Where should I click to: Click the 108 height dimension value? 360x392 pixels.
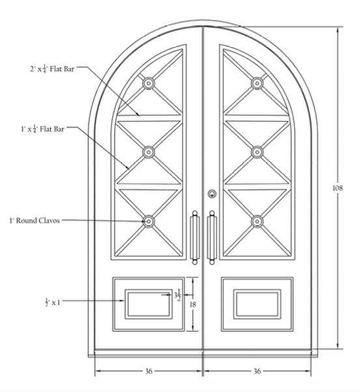click(x=337, y=188)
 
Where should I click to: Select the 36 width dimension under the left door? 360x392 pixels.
click(x=148, y=371)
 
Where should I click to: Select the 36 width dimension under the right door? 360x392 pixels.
click(x=257, y=371)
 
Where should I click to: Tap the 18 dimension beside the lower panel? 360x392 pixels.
click(x=193, y=305)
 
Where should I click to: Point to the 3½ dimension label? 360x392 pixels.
click(x=178, y=295)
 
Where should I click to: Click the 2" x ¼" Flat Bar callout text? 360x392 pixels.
click(x=52, y=69)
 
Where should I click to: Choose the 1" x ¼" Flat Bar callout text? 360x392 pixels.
click(x=42, y=129)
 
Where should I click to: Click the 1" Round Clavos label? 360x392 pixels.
click(x=35, y=221)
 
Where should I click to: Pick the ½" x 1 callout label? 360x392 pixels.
click(x=53, y=302)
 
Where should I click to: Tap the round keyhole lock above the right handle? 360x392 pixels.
click(x=212, y=194)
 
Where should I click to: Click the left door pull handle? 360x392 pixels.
click(x=195, y=238)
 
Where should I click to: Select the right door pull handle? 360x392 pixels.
click(x=212, y=238)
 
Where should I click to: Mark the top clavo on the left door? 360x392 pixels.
click(x=148, y=83)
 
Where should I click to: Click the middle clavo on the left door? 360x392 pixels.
click(x=148, y=152)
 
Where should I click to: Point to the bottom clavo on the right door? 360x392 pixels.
click(x=257, y=221)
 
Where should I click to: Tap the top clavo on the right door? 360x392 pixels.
click(x=257, y=83)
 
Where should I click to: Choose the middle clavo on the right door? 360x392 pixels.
click(x=257, y=152)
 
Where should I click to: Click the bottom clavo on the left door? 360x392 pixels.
click(x=148, y=221)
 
